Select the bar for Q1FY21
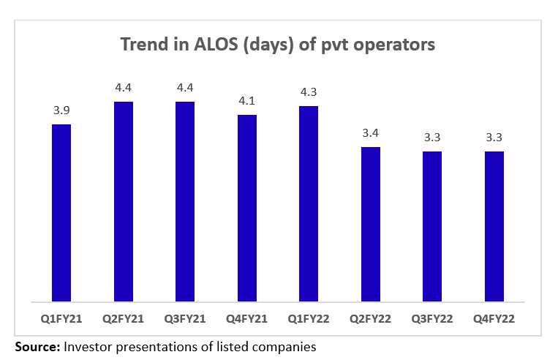[x=61, y=212]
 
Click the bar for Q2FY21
[x=124, y=201]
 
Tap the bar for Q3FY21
[x=185, y=201]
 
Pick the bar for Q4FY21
[x=247, y=208]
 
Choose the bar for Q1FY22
[x=309, y=203]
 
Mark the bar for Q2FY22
[x=371, y=224]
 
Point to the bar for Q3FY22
[x=432, y=226]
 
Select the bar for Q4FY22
[x=494, y=226]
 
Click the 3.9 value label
[x=61, y=110]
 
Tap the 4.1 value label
[x=247, y=101]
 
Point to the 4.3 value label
[x=309, y=92]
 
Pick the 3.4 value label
[x=371, y=133]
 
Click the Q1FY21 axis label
[x=61, y=319]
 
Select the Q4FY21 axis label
[x=247, y=319]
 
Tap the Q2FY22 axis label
[x=371, y=319]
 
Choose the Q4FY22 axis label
[x=494, y=319]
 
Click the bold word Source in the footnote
[x=37, y=347]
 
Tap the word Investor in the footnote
[x=89, y=347]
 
